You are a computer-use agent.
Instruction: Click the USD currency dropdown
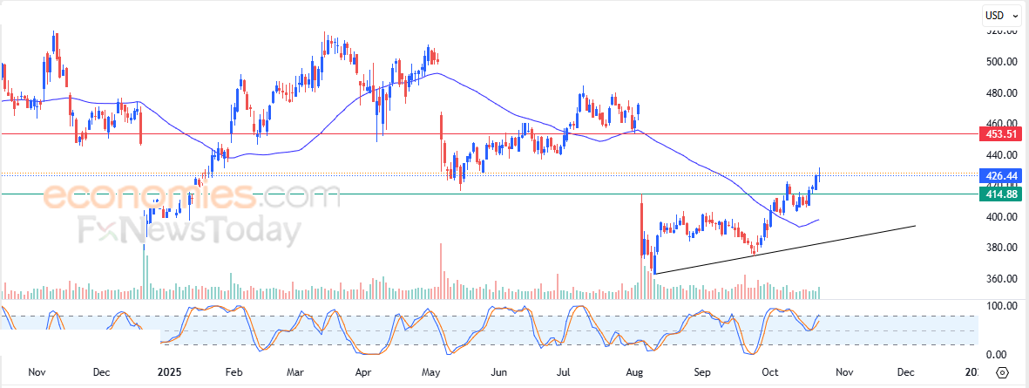999,15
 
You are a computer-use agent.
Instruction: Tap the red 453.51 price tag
998,134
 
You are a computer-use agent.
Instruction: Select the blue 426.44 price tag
998,175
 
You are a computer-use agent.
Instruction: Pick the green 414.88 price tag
998,194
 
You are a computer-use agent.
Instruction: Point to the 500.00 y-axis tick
1002,62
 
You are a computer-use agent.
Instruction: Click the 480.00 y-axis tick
1002,93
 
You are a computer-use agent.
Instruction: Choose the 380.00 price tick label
1002,248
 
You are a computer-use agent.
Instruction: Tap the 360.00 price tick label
1002,279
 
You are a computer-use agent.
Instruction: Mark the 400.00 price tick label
1002,217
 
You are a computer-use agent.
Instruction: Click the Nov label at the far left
37,372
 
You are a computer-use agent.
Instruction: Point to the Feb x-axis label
234,372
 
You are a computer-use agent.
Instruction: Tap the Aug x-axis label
634,372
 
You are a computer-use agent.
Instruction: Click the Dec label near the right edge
905,372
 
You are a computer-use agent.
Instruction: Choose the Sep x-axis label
702,372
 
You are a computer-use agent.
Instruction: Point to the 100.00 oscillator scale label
1001,307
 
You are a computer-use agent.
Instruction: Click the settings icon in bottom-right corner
1002,373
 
